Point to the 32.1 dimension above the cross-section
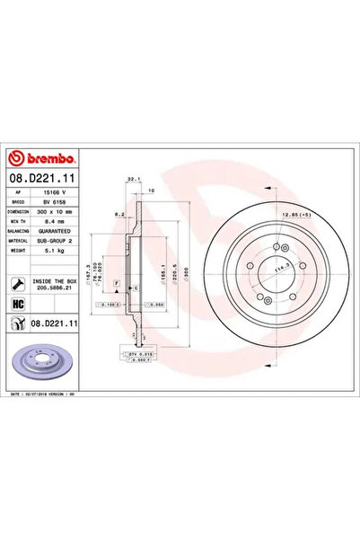pyautogui.click(x=132, y=180)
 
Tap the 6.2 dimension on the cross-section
pyautogui.click(x=119, y=215)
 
